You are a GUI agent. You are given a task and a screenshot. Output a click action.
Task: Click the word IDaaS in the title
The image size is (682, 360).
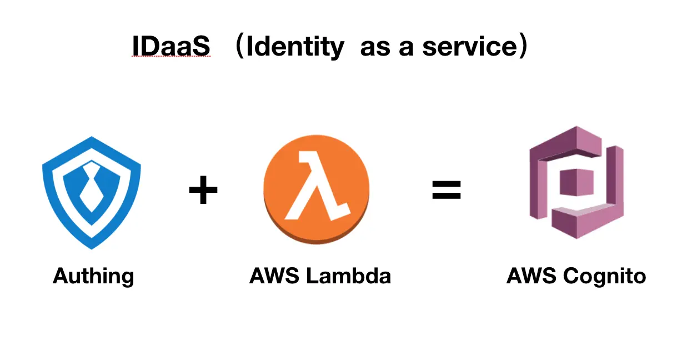pyautogui.click(x=171, y=47)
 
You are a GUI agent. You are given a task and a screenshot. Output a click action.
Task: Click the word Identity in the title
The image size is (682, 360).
pyautogui.click(x=295, y=47)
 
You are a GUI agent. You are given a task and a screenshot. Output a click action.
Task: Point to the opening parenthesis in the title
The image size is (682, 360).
pyautogui.click(x=239, y=47)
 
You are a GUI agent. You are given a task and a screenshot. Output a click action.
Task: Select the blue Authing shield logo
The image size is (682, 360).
pyautogui.click(x=92, y=192)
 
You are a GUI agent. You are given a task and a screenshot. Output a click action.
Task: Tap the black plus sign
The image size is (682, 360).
pyautogui.click(x=203, y=191)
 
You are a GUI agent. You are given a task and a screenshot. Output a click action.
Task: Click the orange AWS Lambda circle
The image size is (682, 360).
pyautogui.click(x=316, y=192)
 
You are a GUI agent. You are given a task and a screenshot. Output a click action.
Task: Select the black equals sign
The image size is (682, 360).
pyautogui.click(x=447, y=191)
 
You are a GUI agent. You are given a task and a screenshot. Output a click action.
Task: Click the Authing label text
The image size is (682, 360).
pyautogui.click(x=93, y=276)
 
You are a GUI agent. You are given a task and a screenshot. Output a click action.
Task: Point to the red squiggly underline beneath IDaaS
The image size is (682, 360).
pyautogui.click(x=171, y=58)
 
